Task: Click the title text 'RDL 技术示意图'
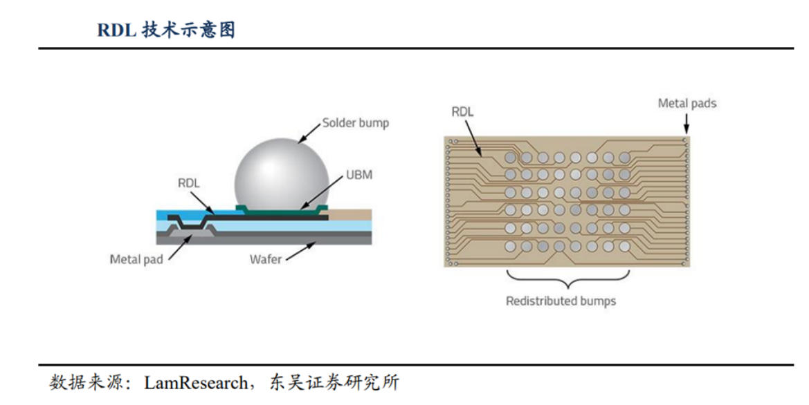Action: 166,30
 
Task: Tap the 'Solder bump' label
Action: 356,123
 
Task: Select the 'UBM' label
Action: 358,175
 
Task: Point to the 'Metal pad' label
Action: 136,260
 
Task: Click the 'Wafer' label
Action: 266,260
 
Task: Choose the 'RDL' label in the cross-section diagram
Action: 188,183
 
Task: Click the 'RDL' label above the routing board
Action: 462,111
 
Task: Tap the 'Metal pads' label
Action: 687,104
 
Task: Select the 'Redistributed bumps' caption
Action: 561,301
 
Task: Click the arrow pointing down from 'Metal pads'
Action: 686,124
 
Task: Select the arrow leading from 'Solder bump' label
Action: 310,133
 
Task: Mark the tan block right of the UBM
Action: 350,215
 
